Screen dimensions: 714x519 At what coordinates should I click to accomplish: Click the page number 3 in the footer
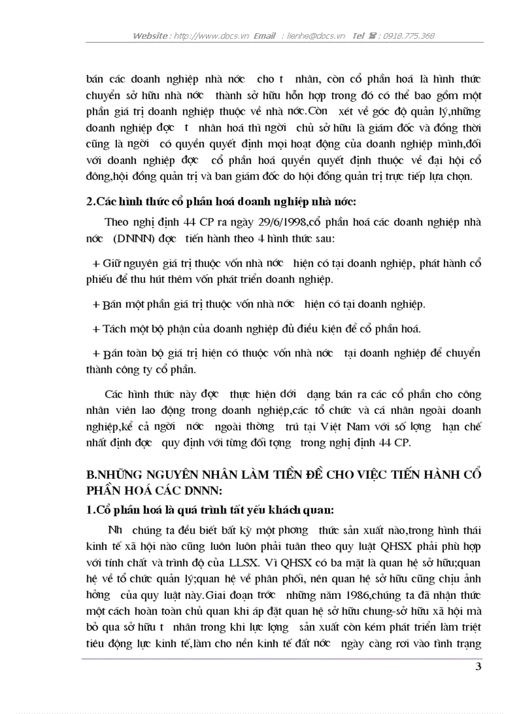(x=478, y=666)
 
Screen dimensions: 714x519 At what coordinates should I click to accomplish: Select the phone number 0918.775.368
(x=408, y=36)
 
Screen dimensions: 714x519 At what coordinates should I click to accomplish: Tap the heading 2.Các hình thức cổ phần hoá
(x=221, y=202)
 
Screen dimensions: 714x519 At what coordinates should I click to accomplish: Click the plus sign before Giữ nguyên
(x=97, y=263)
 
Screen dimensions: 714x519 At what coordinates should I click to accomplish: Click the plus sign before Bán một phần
(x=97, y=304)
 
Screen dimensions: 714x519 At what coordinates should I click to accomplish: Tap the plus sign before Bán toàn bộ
(x=97, y=354)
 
